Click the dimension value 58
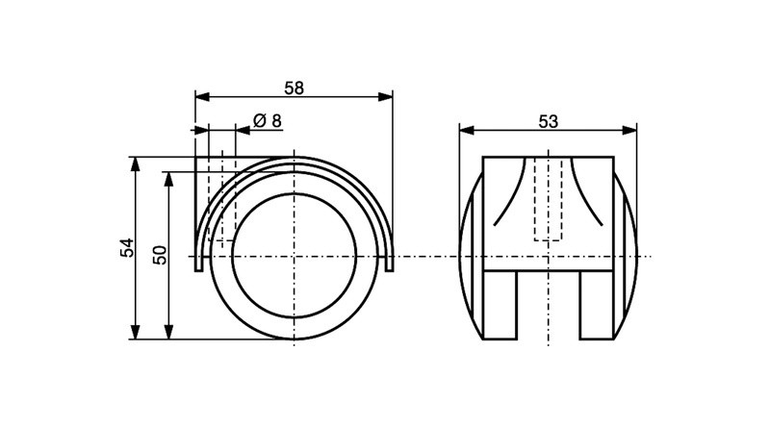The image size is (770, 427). (294, 87)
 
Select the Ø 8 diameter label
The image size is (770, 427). (267, 120)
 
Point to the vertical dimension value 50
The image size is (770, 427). (161, 255)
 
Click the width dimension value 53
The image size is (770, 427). (548, 121)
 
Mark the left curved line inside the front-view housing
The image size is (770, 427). (510, 192)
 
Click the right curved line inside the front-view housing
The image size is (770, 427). (585, 192)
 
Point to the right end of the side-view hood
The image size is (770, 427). (389, 264)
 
